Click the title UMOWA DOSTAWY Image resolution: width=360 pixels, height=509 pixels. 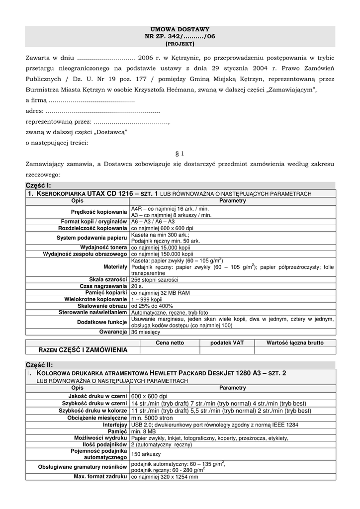180,30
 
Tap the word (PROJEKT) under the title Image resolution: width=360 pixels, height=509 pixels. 180,44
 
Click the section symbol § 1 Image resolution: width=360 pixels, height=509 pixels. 180,154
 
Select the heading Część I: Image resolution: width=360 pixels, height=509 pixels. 38,185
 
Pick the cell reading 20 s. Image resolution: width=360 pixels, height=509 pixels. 137,286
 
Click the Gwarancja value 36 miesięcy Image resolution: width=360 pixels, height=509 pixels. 146,332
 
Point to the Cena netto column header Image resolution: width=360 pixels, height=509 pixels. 170,342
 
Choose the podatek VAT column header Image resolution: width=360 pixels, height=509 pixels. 227,342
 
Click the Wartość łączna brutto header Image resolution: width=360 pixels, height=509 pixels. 295,342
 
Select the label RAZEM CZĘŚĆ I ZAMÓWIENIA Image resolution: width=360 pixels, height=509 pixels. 83,350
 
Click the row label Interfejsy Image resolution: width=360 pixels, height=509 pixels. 115,425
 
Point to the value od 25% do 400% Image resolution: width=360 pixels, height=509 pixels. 152,306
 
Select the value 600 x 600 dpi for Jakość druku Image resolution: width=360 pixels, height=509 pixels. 149,396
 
